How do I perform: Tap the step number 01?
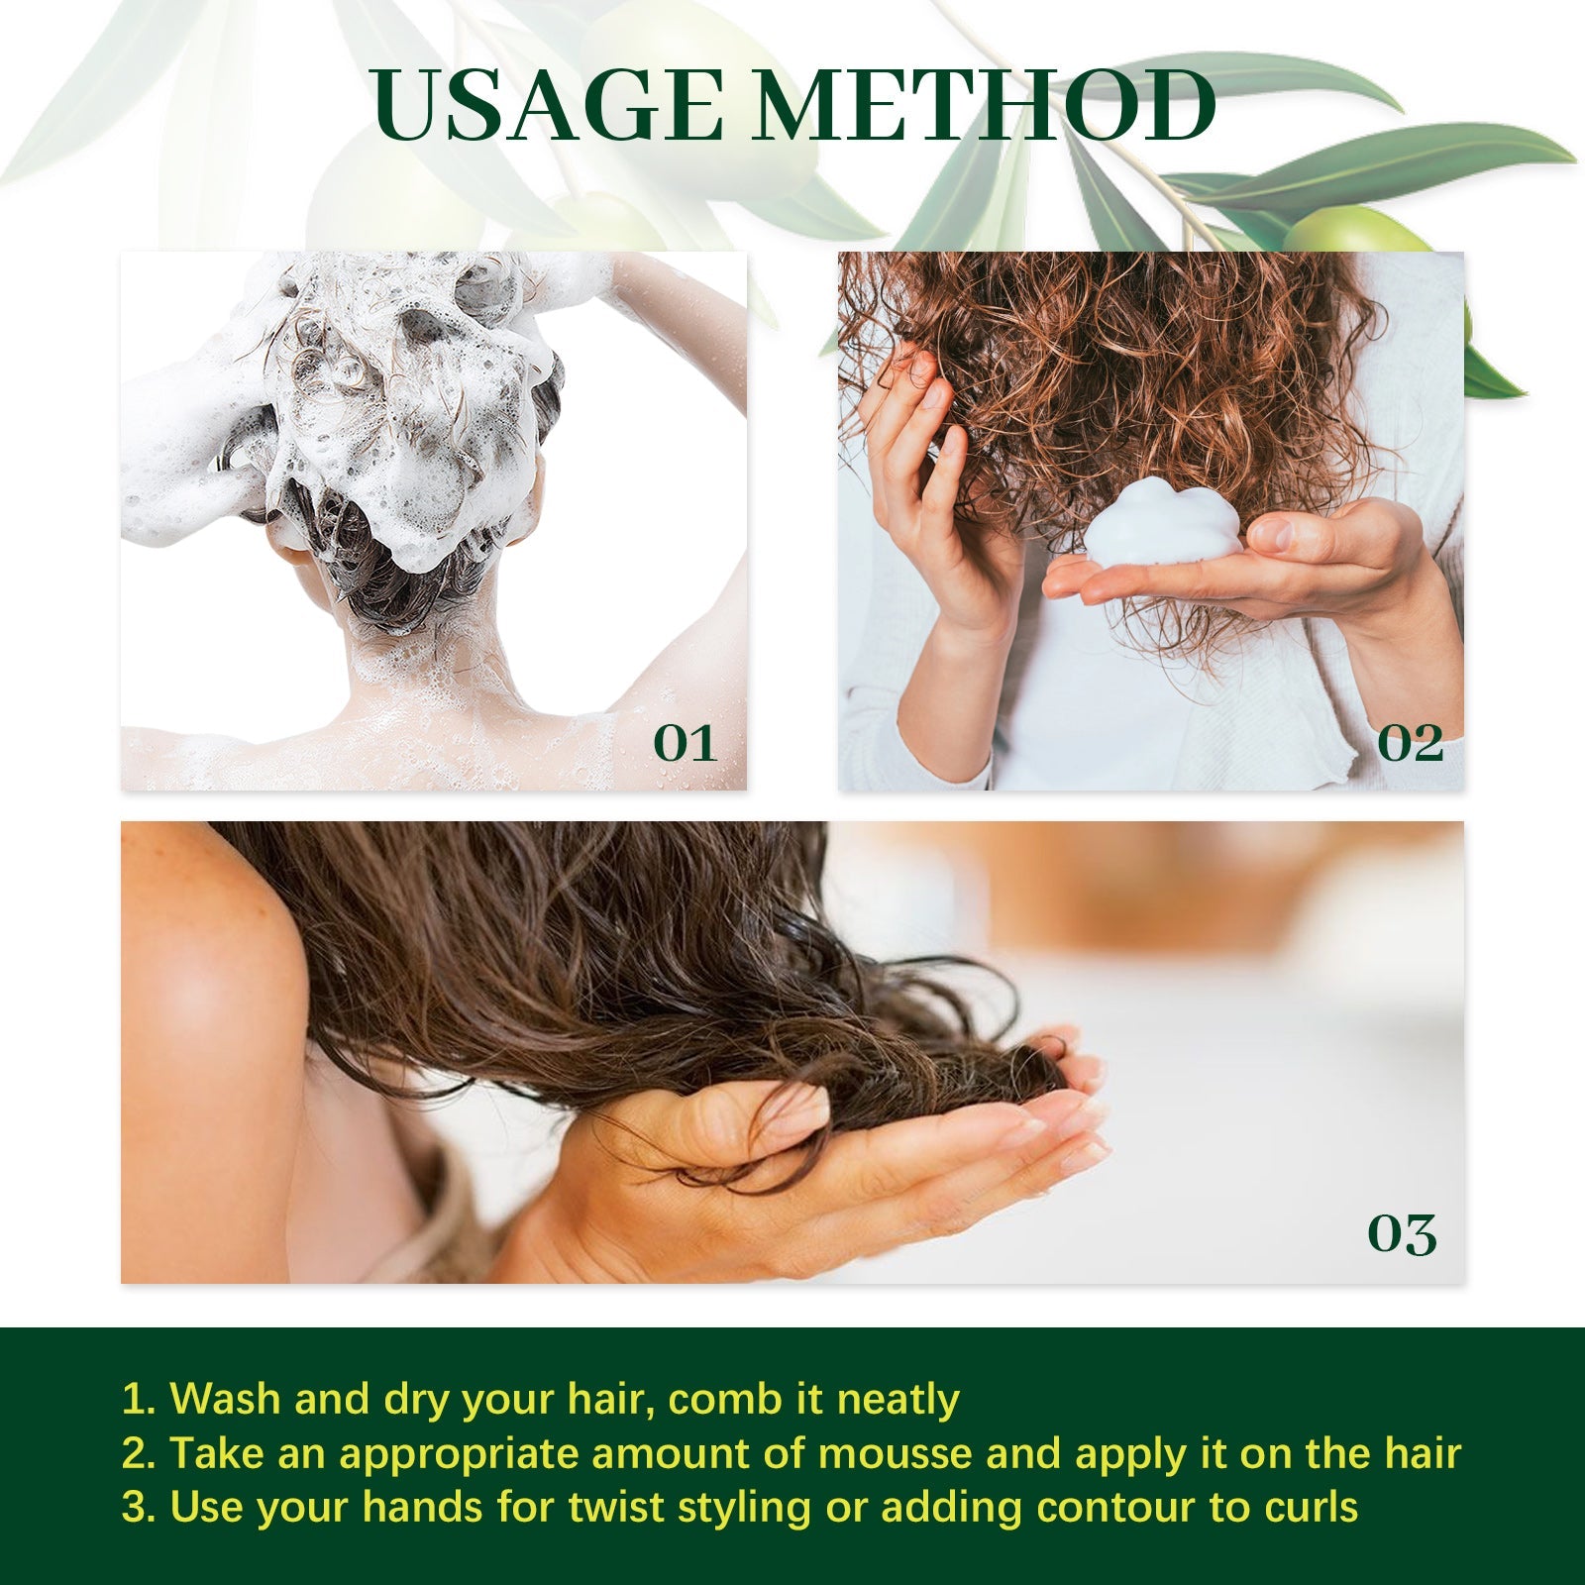pos(685,743)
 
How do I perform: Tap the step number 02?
pos(1410,743)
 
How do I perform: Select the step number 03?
pos(1402,1234)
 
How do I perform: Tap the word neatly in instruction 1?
pos(898,1400)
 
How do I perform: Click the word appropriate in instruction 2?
pos(460,1454)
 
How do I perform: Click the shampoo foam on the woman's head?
pos(396,416)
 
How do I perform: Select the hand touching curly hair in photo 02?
pos(921,475)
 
